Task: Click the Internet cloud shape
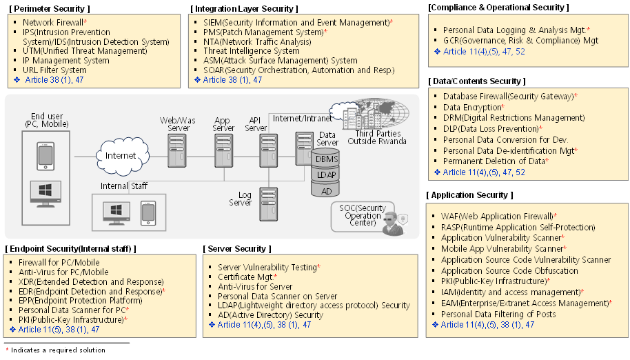(x=121, y=155)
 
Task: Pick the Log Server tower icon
(x=268, y=203)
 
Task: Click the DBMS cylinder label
(x=325, y=159)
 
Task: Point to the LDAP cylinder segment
(x=325, y=174)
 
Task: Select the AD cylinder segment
(x=325, y=190)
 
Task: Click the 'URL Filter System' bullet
(x=54, y=70)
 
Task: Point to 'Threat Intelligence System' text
(x=251, y=51)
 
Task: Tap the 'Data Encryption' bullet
(x=472, y=108)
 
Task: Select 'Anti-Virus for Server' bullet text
(x=255, y=286)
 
